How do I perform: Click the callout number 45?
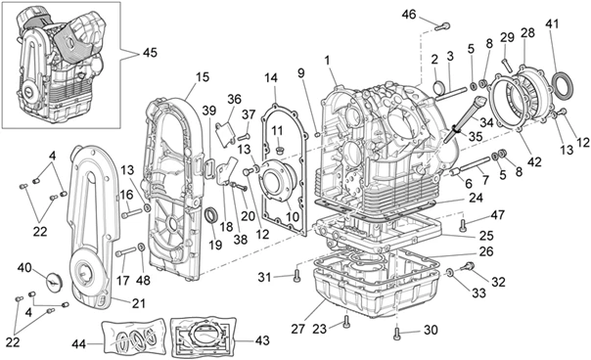150,53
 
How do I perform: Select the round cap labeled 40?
54,281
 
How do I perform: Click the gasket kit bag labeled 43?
203,337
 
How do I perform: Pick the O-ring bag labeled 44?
135,337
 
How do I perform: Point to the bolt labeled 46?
442,26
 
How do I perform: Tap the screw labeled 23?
346,322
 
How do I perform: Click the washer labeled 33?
450,272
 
